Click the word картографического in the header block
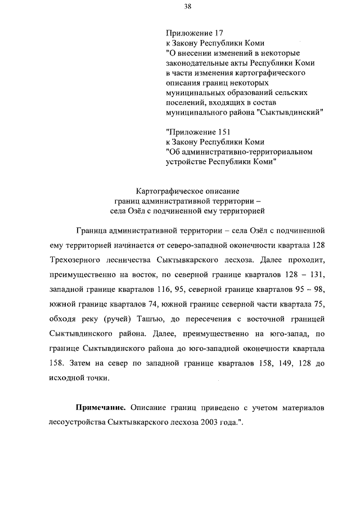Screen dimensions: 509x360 tap(271, 73)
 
